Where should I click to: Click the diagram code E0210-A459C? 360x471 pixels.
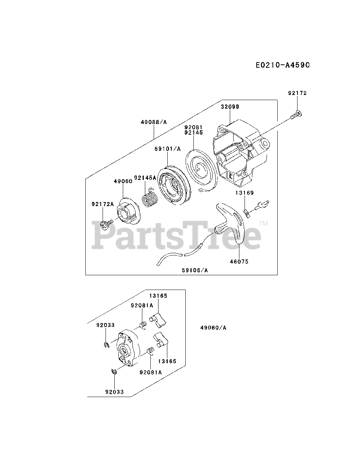click(x=282, y=65)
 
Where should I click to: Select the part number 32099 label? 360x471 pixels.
click(x=230, y=107)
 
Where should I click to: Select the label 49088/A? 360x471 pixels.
click(x=153, y=122)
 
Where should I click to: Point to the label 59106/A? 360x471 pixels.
click(x=195, y=270)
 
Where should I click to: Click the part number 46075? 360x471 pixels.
click(x=239, y=262)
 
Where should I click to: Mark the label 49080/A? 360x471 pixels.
click(x=213, y=327)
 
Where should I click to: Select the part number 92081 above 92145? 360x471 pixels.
click(x=193, y=127)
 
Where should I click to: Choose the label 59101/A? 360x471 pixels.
click(x=168, y=149)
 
